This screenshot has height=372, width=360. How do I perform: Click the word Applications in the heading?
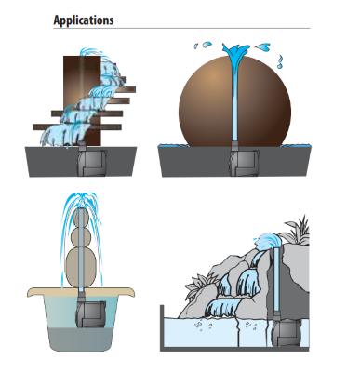point(84,20)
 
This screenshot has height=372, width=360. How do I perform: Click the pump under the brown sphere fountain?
point(244,163)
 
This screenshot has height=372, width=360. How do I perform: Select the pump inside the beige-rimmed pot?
point(90,313)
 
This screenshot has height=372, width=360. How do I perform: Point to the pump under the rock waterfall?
point(286,332)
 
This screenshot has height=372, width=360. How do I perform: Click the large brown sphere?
point(234,101)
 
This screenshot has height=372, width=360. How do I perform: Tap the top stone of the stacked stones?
point(81,217)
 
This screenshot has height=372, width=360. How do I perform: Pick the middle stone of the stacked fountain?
point(81,237)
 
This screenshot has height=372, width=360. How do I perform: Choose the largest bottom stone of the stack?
point(81,268)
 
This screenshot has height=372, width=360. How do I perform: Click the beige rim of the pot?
point(81,292)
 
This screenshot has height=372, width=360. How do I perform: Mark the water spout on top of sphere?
point(235,49)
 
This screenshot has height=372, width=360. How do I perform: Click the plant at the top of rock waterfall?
point(297,229)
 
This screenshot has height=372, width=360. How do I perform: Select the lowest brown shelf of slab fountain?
point(77,126)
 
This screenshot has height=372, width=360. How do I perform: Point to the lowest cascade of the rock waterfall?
point(224,306)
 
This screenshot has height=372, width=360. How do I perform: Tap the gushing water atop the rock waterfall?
point(266,241)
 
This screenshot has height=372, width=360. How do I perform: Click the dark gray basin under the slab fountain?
point(81,162)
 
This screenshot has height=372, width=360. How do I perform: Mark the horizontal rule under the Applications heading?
point(181,29)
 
